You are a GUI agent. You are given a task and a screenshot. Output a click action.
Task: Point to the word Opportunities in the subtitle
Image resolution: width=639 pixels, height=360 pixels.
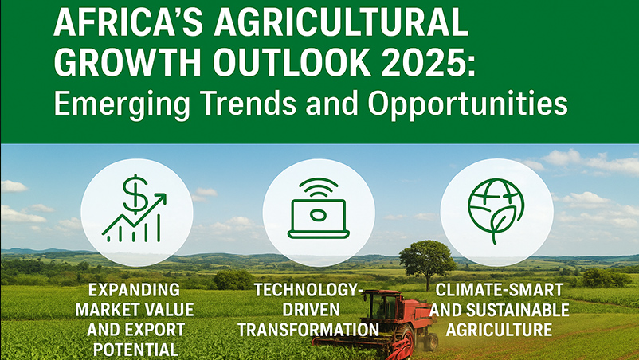(x=468, y=104)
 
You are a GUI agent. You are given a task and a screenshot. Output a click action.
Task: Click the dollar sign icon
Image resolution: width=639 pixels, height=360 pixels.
(x=135, y=194)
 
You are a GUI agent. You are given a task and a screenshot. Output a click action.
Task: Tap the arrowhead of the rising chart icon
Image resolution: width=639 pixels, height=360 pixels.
(x=159, y=200)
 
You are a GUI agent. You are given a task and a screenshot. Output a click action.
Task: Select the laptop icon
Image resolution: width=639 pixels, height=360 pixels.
(x=318, y=219)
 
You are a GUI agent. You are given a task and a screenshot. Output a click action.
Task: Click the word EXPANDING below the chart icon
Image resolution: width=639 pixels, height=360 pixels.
(x=134, y=290)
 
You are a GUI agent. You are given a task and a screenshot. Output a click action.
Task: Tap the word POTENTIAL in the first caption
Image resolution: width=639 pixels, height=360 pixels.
(x=134, y=350)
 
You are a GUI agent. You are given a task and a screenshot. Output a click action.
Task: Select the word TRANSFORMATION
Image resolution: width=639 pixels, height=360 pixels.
(x=308, y=330)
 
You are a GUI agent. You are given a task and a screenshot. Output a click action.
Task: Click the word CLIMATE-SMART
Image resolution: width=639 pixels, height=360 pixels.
(x=500, y=291)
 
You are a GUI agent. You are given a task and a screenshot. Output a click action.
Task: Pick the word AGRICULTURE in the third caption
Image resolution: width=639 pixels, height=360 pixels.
(x=500, y=330)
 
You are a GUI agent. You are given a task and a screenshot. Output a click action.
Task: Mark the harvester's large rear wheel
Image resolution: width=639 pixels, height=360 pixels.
(x=405, y=337)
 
